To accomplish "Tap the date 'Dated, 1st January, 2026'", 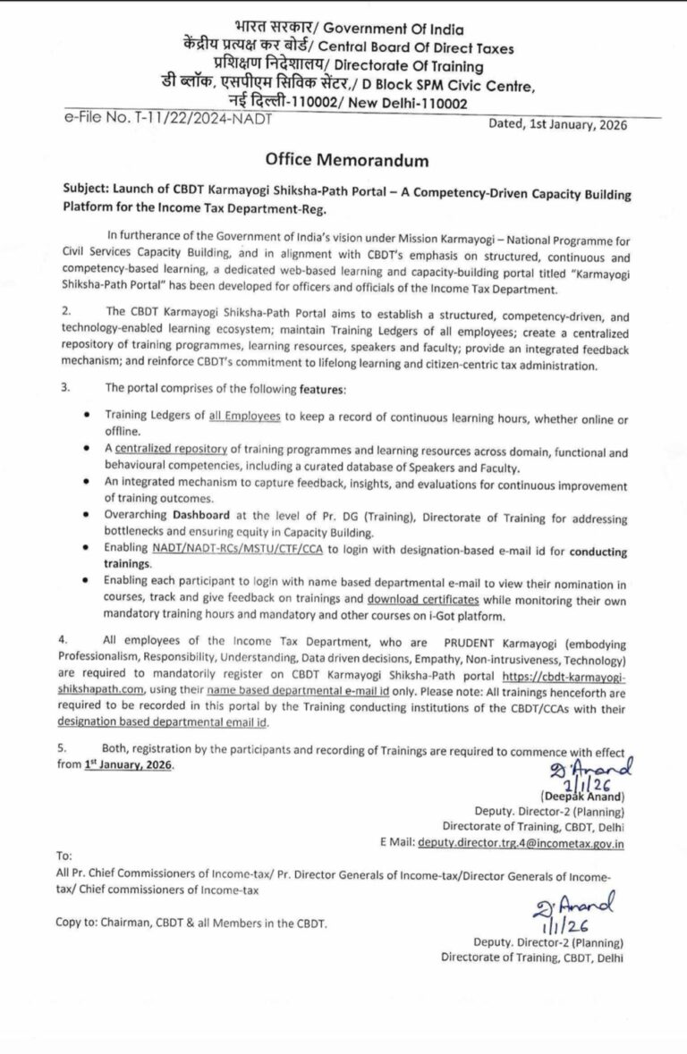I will click(558, 125).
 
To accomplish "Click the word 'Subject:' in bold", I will click(88, 194).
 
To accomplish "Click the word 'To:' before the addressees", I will click(64, 856).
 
